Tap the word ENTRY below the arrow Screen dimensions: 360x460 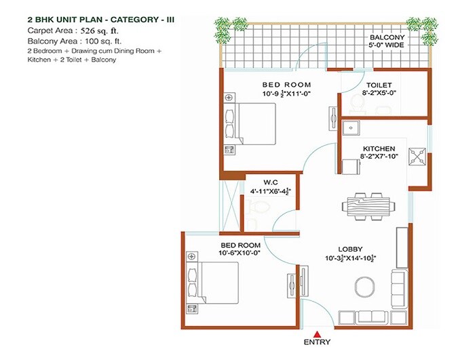pos(317,342)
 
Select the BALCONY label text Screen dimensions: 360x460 pos(387,37)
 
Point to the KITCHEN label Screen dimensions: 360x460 pos(379,148)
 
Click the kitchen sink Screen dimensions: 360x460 pos(351,127)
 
